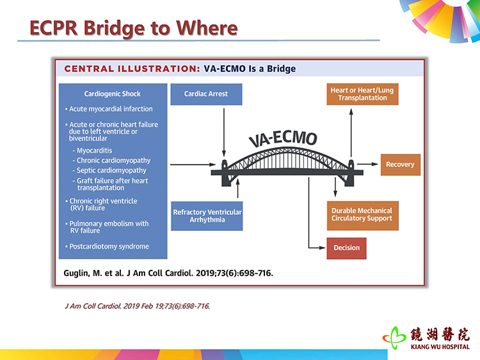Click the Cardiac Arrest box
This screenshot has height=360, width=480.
click(206, 94)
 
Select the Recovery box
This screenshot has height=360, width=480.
click(401, 164)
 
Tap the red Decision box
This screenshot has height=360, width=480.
click(346, 248)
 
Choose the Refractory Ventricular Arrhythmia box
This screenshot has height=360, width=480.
click(207, 216)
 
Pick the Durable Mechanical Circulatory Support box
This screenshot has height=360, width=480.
click(363, 215)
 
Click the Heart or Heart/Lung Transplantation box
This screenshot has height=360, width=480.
click(362, 94)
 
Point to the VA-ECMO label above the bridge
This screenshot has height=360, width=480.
click(282, 138)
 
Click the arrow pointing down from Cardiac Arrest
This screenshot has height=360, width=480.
click(224, 132)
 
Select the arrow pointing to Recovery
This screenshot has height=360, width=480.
click(367, 164)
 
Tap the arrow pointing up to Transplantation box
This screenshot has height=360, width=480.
click(351, 133)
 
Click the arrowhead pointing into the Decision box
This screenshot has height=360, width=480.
click(322, 247)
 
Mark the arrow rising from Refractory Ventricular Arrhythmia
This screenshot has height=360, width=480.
click(238, 188)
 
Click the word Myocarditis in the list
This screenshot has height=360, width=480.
click(94, 150)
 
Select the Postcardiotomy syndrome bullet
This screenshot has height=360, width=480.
click(107, 247)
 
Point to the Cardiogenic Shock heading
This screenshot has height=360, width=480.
click(113, 94)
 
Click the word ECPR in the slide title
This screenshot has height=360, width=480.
click(53, 28)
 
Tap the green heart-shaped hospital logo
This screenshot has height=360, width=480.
click(394, 338)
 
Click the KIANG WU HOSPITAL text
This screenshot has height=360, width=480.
click(440, 347)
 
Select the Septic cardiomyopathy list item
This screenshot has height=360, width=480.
click(111, 170)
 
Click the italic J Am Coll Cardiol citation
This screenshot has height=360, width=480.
click(138, 306)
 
